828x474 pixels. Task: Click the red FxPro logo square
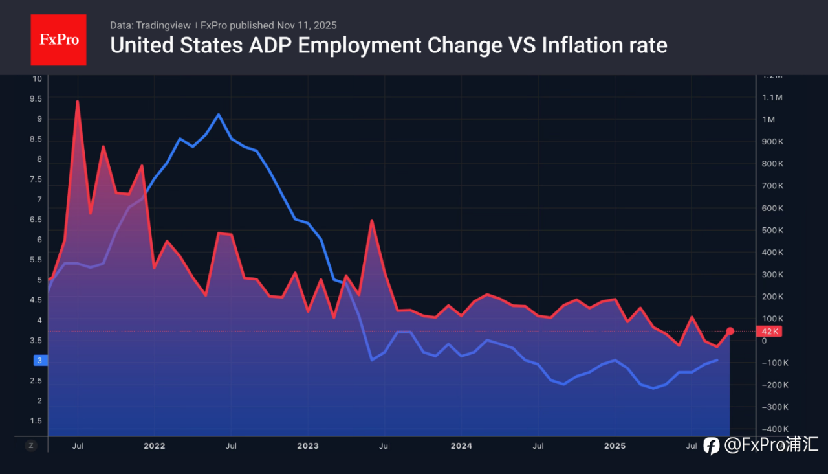tap(58, 39)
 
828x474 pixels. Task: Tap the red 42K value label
tap(768, 332)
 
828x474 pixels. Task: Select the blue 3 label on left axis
tap(38, 361)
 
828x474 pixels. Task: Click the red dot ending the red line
tap(730, 332)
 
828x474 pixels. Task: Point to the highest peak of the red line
tap(78, 102)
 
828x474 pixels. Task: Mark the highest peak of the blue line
tap(219, 115)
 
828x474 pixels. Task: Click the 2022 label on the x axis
tap(154, 446)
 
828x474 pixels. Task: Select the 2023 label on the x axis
tap(307, 446)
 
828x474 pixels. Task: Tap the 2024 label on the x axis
tap(461, 446)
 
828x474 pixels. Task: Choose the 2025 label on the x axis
tap(615, 446)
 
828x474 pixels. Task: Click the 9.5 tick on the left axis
tap(35, 99)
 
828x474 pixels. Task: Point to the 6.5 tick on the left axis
tap(35, 220)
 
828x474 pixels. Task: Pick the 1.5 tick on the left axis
tap(35, 421)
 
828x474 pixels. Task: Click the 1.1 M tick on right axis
tap(773, 98)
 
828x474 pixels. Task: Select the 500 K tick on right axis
tap(773, 231)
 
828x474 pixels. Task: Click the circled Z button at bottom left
tap(31, 446)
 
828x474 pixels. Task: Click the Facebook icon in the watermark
tap(712, 446)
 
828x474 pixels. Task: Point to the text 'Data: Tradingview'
tap(150, 25)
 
